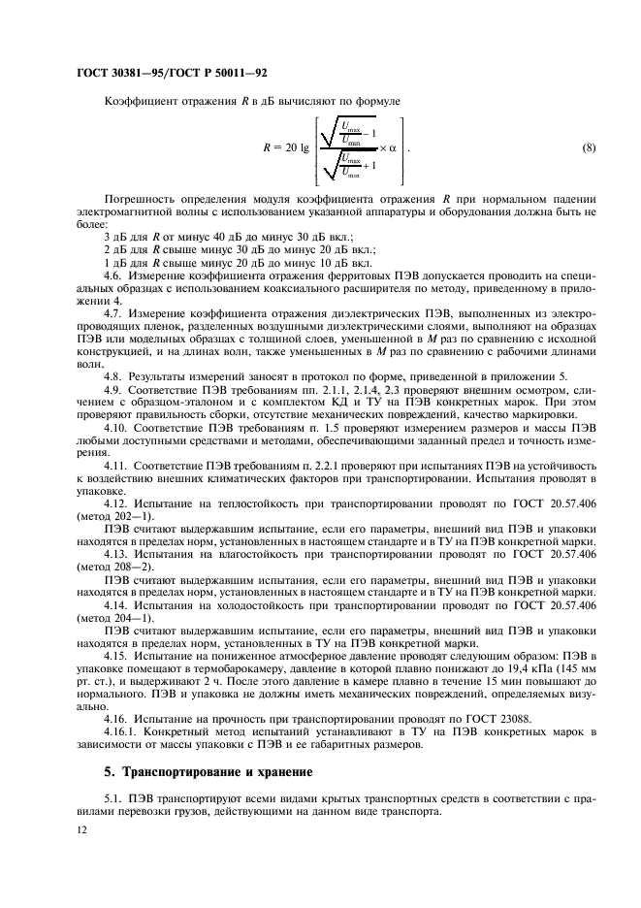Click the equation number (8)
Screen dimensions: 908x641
click(x=588, y=147)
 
